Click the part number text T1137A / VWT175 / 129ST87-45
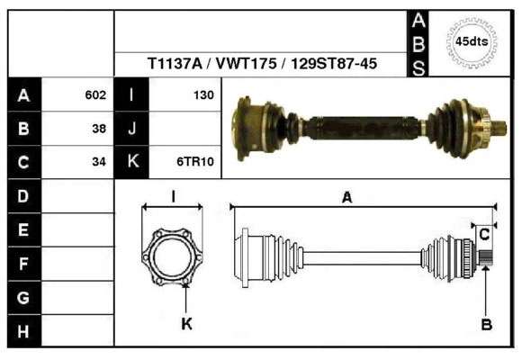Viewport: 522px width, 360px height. [262, 65]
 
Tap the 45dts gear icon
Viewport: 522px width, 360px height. [471, 41]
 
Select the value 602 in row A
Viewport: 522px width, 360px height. [95, 94]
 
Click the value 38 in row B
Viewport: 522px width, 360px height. [99, 128]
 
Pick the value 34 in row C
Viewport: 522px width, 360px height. [99, 162]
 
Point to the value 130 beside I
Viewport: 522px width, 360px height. [202, 94]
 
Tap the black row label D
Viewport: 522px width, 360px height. [23, 195]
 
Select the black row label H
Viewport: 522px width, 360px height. [23, 331]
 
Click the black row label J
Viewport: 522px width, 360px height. [132, 128]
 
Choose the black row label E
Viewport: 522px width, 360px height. [23, 229]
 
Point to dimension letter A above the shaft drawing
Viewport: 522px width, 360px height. [346, 199]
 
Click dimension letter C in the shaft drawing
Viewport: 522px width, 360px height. [484, 234]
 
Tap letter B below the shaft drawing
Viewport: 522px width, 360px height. [486, 325]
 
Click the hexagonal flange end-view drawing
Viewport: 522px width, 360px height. [173, 254]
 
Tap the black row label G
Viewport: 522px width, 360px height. [23, 297]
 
